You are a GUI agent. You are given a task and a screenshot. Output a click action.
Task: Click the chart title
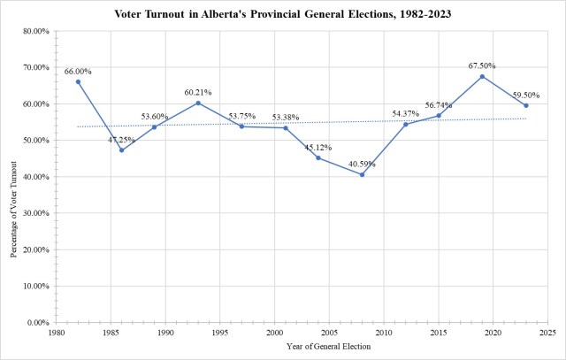pyautogui.click(x=283, y=15)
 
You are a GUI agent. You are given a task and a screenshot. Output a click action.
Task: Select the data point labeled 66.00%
pyautogui.click(x=78, y=81)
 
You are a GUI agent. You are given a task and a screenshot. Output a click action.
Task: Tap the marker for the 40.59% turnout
pyautogui.click(x=362, y=174)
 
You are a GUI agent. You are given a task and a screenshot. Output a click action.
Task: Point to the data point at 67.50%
pyautogui.click(x=482, y=76)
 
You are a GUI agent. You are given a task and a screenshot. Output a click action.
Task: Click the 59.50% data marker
pyautogui.click(x=526, y=105)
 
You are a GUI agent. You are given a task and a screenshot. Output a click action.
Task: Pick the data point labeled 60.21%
pyautogui.click(x=198, y=103)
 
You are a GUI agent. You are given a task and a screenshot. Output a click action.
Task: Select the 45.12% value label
pyautogui.click(x=317, y=147)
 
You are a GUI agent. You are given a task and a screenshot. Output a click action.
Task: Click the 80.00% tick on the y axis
pyautogui.click(x=36, y=31)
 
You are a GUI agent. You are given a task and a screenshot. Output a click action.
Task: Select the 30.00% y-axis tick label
pyautogui.click(x=36, y=213)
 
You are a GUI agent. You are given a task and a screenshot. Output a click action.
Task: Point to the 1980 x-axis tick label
pyautogui.click(x=56, y=333)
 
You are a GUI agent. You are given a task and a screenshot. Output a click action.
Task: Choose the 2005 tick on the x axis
pyautogui.click(x=328, y=333)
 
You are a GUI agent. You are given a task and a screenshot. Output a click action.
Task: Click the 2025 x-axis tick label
pyautogui.click(x=547, y=333)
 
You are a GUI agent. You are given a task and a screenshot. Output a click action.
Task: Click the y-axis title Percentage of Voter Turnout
pyautogui.click(x=13, y=176)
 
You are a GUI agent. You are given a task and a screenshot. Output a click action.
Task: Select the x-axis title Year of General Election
pyautogui.click(x=301, y=347)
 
